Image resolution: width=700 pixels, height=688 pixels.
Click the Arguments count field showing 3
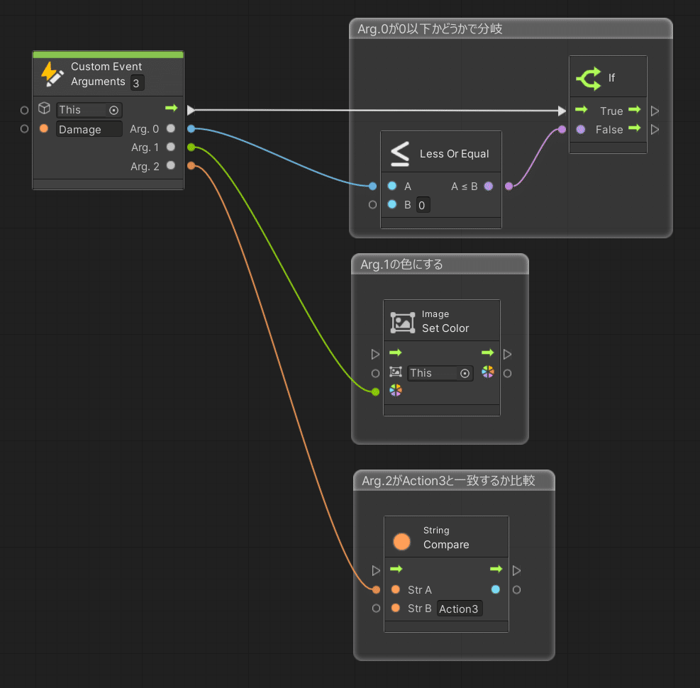tap(137, 83)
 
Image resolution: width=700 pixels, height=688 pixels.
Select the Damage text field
tap(89, 130)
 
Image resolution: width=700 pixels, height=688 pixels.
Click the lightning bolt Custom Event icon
tap(52, 74)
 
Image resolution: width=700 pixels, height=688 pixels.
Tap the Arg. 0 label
tap(144, 129)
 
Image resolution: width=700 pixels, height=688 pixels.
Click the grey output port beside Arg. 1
tap(170, 147)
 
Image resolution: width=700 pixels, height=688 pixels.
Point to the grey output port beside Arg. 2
tap(170, 166)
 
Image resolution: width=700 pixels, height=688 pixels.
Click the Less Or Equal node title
tap(454, 154)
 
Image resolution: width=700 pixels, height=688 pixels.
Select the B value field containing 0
tap(423, 205)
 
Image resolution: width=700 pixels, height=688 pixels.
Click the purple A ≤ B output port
tap(489, 186)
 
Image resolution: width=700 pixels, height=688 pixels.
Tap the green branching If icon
tap(589, 79)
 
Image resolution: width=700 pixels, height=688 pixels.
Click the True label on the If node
tap(611, 111)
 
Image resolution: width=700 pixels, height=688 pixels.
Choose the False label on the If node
tap(609, 130)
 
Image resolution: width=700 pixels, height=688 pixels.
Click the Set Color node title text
tap(445, 328)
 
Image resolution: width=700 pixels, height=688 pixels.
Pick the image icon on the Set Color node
tap(403, 322)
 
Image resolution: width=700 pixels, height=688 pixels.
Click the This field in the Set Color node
tap(440, 373)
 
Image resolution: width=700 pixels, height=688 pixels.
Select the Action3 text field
tap(459, 609)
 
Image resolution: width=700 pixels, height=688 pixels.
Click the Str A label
tap(420, 590)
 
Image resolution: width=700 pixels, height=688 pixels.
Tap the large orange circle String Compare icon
tap(401, 542)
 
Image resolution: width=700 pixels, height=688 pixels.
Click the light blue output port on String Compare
tap(496, 589)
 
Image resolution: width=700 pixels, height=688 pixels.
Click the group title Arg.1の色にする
tap(401, 265)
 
